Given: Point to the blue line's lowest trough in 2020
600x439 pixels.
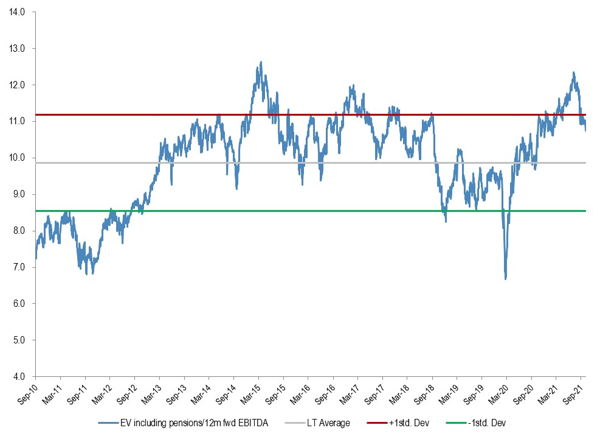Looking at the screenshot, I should [506, 279].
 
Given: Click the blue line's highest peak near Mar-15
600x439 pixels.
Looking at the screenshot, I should [261, 61].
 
